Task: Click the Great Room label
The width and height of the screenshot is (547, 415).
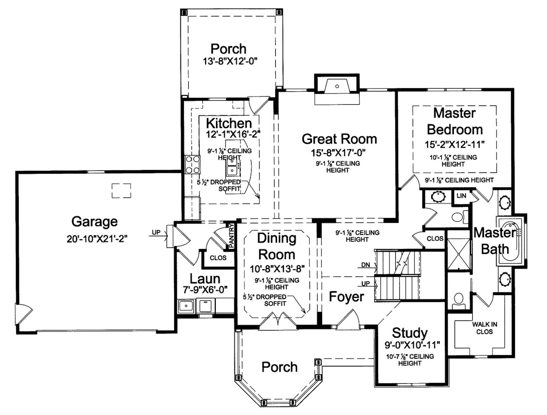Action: coord(339,139)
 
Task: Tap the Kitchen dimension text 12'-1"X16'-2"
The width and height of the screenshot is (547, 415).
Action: coord(233,134)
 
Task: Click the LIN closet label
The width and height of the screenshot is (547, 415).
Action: coord(461,196)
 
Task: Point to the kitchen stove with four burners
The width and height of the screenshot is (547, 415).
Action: coord(192,165)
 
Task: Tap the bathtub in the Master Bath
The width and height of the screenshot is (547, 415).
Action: coord(511,241)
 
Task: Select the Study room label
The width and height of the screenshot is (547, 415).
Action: coord(410,333)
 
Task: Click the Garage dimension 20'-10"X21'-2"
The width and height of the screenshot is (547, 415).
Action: coord(97,239)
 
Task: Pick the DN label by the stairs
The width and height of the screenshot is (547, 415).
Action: coord(365,265)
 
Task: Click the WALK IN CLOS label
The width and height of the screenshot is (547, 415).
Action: coord(484,328)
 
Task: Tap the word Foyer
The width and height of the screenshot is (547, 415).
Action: coord(346,297)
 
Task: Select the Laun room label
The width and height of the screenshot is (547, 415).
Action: coord(205,279)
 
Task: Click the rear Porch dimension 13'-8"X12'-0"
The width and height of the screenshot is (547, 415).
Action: coord(230,61)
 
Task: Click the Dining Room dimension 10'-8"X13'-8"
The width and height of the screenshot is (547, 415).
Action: coord(277,269)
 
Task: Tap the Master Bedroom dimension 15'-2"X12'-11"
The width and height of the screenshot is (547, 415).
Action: coord(455,145)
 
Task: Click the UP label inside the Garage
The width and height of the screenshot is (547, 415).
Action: coord(156,232)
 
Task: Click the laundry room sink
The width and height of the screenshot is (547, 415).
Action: coord(186,306)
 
